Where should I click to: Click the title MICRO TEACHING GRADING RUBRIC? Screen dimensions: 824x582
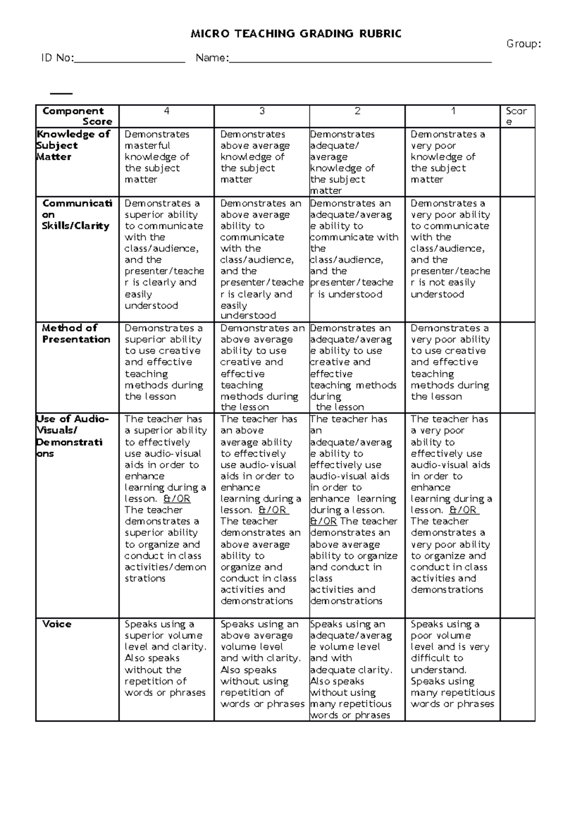coord(296,33)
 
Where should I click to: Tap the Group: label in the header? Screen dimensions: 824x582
coord(523,44)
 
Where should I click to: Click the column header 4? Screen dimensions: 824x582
coord(166,111)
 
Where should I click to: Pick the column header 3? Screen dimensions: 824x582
coord(262,111)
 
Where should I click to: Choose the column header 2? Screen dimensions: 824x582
coord(357,111)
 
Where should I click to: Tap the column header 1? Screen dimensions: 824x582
coord(453,111)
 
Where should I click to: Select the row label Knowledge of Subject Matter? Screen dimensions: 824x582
coord(73,146)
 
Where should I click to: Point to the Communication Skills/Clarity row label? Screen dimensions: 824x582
coord(77,214)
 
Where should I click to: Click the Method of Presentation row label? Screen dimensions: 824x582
coord(76,333)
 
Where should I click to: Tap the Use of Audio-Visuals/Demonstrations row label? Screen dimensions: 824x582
coord(72,436)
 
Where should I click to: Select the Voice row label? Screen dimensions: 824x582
coord(57,624)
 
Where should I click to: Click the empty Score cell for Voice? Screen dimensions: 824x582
coord(517,669)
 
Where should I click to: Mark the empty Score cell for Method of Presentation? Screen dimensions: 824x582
coord(517,367)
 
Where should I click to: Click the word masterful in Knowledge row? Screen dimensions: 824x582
coord(147,146)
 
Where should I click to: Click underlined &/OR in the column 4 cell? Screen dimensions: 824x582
coord(177,499)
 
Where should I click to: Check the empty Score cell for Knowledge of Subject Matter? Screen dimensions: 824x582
coord(517,162)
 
